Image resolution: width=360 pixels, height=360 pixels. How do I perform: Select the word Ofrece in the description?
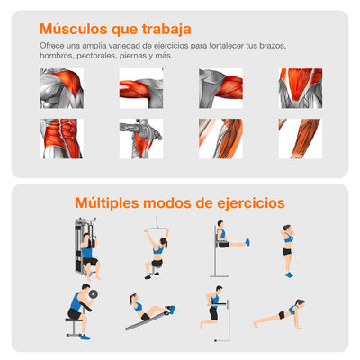coord(51,45)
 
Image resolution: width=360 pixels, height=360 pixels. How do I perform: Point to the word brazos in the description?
coord(304,45)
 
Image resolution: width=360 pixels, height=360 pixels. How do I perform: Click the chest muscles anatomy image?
coord(299,88)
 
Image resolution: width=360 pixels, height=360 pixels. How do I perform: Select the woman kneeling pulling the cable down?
coord(157,254)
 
